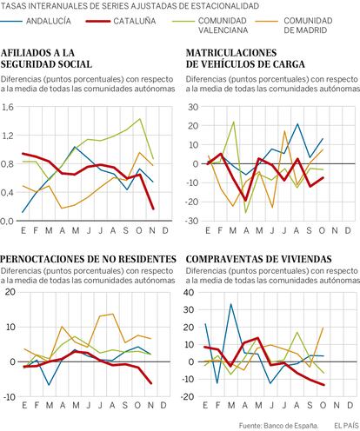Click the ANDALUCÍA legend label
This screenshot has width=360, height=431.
49,21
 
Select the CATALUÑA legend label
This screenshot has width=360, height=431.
135,21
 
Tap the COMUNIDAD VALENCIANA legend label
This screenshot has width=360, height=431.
223,25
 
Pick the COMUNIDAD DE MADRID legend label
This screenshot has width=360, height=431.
308,25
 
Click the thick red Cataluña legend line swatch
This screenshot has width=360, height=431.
98,21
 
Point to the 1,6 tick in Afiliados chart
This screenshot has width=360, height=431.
7,108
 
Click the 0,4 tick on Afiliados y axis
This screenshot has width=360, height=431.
7,193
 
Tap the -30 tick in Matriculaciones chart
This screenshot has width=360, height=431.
192,221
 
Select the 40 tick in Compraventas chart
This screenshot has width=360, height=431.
190,292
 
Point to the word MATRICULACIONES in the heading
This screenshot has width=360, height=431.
231,53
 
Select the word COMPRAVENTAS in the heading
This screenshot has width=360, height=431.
221,259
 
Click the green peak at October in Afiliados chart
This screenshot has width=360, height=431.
140,119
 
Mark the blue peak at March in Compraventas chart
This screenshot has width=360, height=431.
230,304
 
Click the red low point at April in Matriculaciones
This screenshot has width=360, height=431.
245,201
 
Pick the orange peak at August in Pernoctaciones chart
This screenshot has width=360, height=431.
112,314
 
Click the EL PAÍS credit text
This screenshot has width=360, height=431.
346,426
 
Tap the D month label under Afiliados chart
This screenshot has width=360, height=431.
165,230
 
